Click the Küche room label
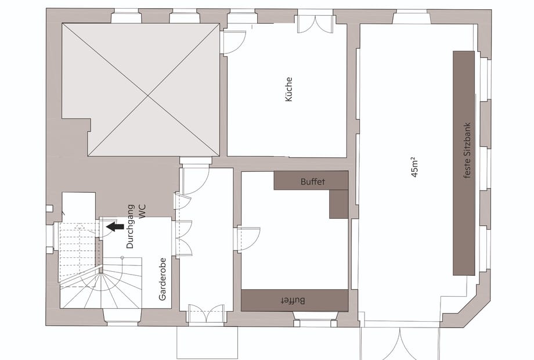(288, 89)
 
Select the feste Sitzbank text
(467, 150)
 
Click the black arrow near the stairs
(115, 226)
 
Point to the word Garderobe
(163, 279)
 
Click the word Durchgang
(130, 226)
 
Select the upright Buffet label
(313, 182)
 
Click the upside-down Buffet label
(293, 300)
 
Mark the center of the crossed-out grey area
(148, 95)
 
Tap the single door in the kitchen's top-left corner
(233, 42)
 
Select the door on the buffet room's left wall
(248, 239)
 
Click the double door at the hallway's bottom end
(206, 313)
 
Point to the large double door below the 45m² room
(400, 343)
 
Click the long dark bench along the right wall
(464, 163)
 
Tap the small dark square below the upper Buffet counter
(339, 204)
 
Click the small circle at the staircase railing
(122, 257)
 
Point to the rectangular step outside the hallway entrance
(207, 342)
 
